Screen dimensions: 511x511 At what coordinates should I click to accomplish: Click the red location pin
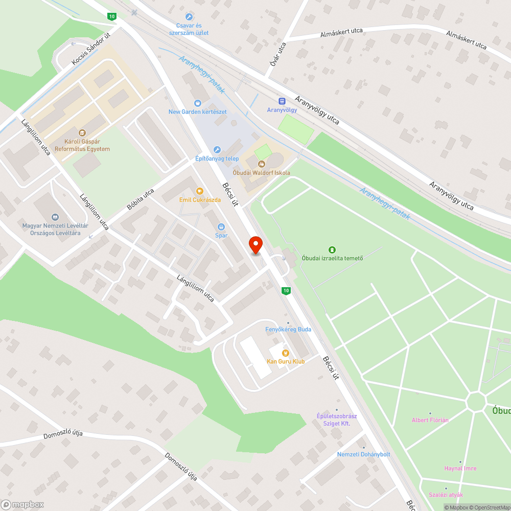coord(255,245)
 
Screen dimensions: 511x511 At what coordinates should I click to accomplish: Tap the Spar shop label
coord(221,236)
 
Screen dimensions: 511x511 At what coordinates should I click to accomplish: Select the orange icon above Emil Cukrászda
coord(200,191)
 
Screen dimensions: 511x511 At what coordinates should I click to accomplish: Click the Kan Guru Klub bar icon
coord(285,353)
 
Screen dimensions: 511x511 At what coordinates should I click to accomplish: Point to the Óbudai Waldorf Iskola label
coord(261,173)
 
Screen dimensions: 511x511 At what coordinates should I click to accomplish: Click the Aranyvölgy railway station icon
coord(282,101)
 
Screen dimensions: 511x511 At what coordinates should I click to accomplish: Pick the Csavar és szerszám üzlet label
coord(189,29)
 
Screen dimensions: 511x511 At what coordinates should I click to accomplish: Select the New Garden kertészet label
coord(198,112)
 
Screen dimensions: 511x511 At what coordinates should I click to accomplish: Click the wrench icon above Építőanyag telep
coord(217,150)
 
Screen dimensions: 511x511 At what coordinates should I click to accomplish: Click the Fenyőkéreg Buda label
coord(288,329)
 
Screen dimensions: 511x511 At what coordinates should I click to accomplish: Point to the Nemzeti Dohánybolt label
coord(363,454)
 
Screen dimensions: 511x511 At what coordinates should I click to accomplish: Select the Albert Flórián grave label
coord(430,420)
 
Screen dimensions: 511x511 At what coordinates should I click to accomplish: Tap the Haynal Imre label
coord(460,469)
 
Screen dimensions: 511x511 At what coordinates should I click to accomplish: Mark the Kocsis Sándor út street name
coord(91,50)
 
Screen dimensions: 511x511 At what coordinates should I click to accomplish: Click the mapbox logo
coord(23,504)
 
